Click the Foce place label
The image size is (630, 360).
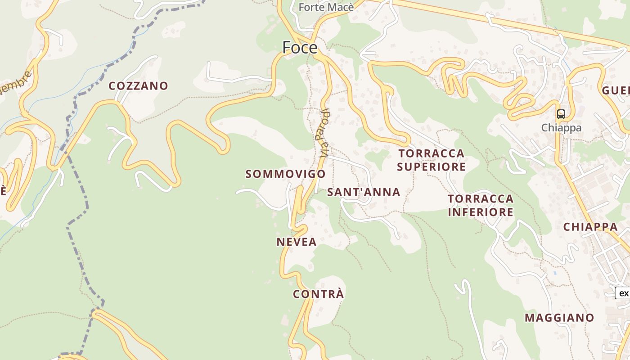(300, 47)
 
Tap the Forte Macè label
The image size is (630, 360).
(321, 7)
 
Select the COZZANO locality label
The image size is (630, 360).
(139, 86)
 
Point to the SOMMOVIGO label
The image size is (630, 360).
(286, 174)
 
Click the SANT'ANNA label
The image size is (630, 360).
(364, 192)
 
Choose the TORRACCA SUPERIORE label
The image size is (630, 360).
(432, 160)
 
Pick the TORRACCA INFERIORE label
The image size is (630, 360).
(481, 205)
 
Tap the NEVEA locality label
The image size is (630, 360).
(297, 242)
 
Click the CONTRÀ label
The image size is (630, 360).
(319, 294)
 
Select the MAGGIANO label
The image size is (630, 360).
(559, 318)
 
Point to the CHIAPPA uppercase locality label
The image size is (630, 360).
(590, 227)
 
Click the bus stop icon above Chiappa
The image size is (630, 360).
(561, 114)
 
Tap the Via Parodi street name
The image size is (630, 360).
(324, 133)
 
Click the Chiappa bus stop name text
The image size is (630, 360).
(561, 128)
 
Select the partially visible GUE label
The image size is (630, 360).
(616, 90)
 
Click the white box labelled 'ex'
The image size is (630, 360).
(623, 293)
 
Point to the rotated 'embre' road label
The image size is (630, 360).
(16, 82)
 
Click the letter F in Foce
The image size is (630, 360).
(287, 47)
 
